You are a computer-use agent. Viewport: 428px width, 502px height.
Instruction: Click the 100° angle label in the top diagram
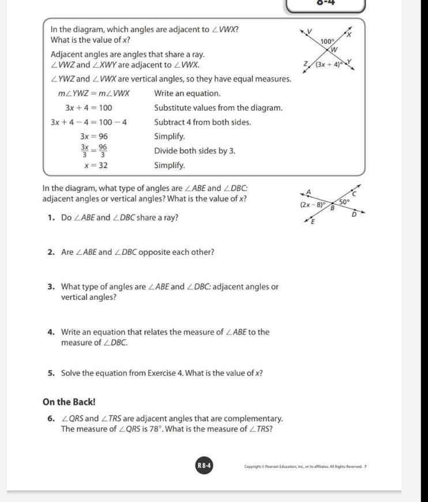328,42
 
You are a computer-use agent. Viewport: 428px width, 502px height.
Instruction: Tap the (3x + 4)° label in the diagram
330,64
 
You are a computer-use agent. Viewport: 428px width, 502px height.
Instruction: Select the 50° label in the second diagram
344,202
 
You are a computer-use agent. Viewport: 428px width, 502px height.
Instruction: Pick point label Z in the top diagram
306,64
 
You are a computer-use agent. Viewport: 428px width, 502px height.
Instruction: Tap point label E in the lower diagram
313,222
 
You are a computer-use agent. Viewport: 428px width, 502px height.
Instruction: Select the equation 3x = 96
94,136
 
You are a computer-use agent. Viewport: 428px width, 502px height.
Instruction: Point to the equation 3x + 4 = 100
89,107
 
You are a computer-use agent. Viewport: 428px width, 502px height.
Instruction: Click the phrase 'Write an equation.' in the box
187,93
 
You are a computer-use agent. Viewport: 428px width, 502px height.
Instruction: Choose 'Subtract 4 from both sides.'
202,122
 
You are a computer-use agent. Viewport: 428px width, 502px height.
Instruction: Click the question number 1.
51,218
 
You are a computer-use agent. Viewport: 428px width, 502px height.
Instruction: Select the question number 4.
51,332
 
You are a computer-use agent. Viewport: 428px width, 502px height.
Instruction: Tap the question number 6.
51,418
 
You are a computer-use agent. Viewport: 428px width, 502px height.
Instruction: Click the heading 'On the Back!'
69,402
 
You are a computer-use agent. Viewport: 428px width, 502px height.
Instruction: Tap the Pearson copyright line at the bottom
305,466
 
